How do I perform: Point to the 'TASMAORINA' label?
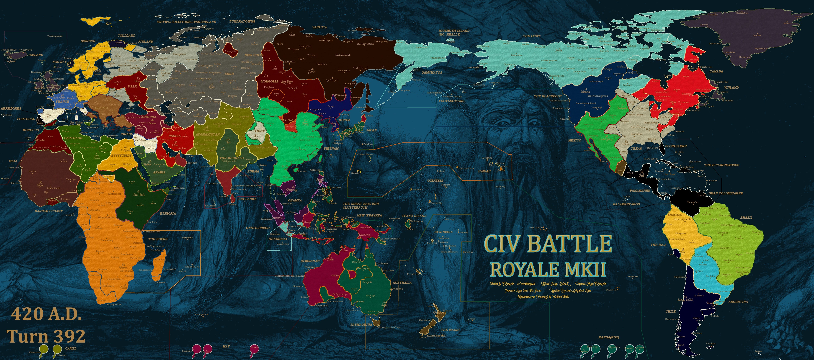point(361,325)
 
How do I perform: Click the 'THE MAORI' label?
point(450,330)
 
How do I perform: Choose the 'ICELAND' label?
point(36,55)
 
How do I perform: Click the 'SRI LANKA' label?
point(247,199)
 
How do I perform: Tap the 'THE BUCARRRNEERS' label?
point(721,165)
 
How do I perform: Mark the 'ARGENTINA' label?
point(738,302)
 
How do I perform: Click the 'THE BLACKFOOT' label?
point(548,96)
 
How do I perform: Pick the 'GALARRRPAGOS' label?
point(626,204)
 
